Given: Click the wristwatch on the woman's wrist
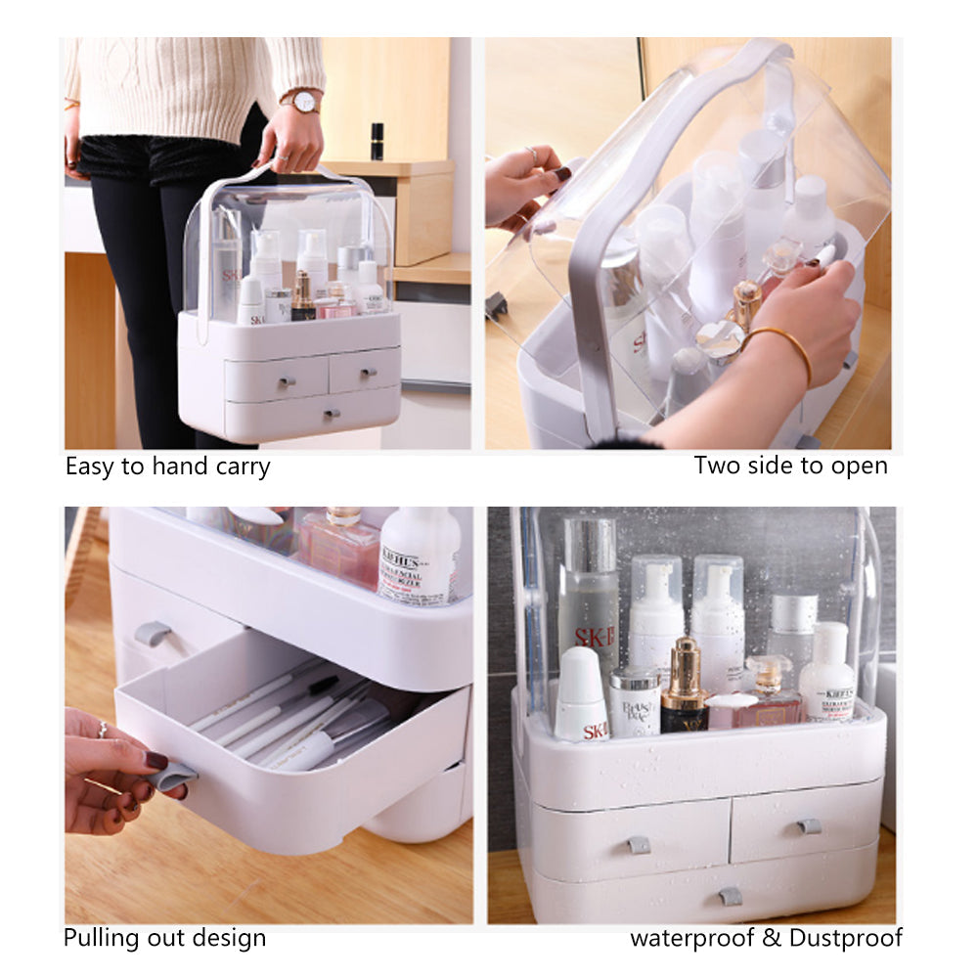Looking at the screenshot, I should (304, 101).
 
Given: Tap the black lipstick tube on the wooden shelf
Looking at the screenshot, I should (377, 142).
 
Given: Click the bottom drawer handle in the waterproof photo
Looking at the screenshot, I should (730, 895).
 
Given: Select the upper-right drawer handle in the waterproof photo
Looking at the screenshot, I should (808, 826).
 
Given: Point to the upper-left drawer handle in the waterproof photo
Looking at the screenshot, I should (638, 843).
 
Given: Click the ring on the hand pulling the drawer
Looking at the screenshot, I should (101, 729).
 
